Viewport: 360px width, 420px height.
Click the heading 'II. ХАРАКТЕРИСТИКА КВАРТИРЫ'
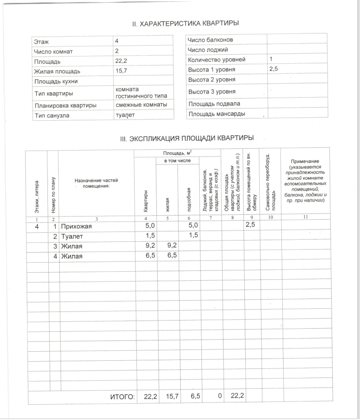tap(185, 23)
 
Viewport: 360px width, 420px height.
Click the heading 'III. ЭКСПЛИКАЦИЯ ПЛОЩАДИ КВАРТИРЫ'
tap(187, 138)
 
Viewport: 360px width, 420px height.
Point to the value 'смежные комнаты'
tap(141, 105)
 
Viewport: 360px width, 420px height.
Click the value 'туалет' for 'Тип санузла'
tap(125, 115)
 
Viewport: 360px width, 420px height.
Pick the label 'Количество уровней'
tap(216, 60)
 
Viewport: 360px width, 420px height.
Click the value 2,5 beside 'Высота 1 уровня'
tap(274, 69)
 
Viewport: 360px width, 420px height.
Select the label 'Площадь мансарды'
tap(216, 113)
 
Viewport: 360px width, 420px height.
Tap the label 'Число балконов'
tap(210, 40)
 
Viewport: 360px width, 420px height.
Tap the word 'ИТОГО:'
tap(122, 397)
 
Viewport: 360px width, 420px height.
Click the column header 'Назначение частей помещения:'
tap(96, 183)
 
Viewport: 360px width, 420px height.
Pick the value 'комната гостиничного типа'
tap(141, 92)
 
